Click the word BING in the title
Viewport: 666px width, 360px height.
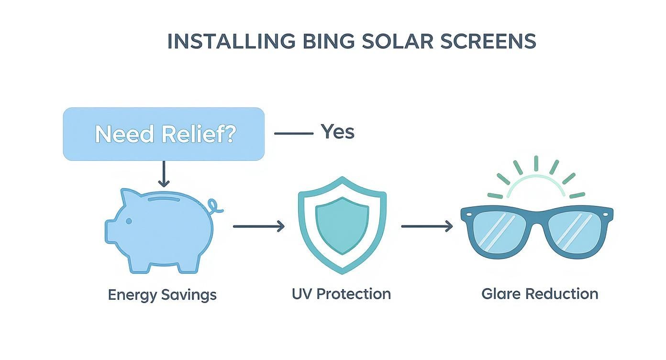click(328, 42)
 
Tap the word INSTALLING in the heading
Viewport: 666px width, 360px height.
click(231, 42)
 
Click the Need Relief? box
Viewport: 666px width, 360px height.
click(164, 134)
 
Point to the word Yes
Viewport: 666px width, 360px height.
click(337, 131)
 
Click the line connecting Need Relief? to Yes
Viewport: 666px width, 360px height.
click(293, 134)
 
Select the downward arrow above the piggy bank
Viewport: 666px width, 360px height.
click(164, 174)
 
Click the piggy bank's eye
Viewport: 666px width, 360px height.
click(129, 221)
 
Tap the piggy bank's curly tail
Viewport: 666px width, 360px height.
click(215, 207)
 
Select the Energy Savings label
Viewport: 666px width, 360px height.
click(162, 294)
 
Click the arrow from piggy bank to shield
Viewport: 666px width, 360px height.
click(258, 226)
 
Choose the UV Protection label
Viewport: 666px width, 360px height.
click(341, 293)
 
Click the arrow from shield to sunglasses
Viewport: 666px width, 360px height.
click(427, 226)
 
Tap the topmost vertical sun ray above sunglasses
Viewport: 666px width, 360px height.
click(536, 163)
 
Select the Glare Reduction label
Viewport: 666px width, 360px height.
click(540, 293)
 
